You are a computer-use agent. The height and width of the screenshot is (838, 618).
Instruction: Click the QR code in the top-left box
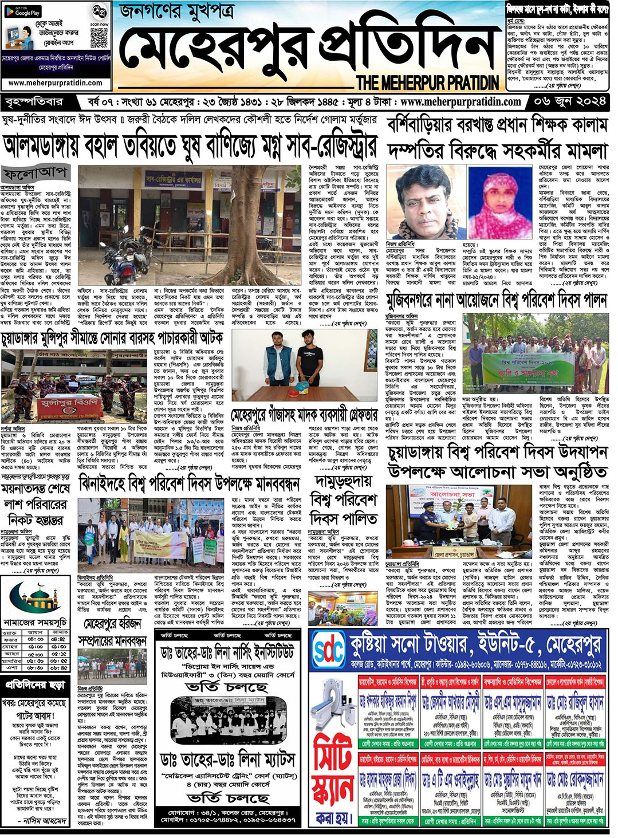99,38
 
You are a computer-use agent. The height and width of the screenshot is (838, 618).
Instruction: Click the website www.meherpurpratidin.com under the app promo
56,83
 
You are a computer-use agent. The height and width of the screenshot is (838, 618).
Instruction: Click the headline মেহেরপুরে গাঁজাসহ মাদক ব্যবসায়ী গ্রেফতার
304,415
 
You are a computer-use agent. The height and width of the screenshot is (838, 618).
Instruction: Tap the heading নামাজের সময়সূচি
35,621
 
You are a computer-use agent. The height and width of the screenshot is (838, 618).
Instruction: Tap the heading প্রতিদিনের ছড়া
36,684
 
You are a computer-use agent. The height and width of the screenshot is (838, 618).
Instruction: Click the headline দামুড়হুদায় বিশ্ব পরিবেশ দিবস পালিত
344,498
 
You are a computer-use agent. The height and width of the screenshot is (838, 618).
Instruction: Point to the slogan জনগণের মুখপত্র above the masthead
178,11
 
